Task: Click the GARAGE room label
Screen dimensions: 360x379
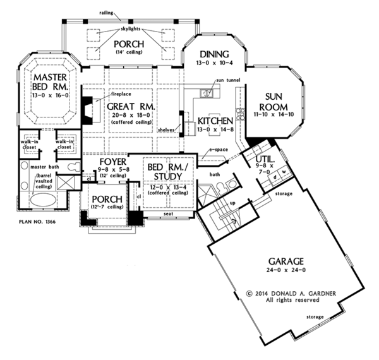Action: point(286,260)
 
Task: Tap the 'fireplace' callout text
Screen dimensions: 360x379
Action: point(121,93)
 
